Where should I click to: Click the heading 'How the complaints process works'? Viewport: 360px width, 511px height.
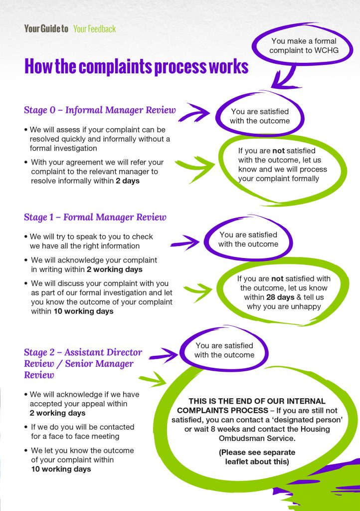click(x=136, y=66)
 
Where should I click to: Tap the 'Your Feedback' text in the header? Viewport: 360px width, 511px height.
click(x=94, y=28)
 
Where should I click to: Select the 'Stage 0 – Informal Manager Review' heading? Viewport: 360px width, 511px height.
click(x=100, y=110)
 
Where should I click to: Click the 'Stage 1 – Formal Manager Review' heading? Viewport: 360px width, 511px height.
click(x=95, y=217)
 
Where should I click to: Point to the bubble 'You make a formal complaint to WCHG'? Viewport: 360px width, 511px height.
click(x=303, y=45)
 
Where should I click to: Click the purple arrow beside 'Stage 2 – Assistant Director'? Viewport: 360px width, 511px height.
click(x=163, y=355)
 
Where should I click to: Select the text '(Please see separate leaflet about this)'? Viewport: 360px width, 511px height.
click(x=257, y=457)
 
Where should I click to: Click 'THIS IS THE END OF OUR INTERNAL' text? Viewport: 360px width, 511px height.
click(x=257, y=401)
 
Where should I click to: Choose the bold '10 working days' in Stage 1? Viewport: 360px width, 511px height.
click(x=83, y=311)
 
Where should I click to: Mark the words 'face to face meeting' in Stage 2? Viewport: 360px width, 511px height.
click(x=87, y=436)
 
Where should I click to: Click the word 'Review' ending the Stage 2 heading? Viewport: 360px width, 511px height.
click(x=39, y=375)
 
